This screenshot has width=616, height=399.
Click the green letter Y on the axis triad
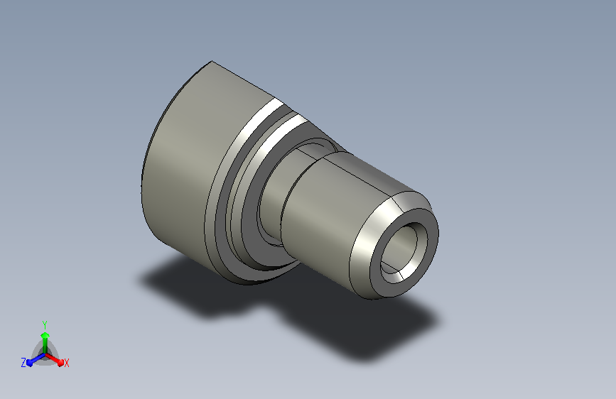pos(45,324)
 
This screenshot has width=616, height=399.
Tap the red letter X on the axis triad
pos(66,363)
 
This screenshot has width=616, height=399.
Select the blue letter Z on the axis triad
pos(23,363)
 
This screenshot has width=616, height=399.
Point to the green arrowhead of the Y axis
pos(45,335)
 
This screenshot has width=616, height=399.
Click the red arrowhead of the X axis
pos(60,362)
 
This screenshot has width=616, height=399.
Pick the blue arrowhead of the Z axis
pos(29,363)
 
